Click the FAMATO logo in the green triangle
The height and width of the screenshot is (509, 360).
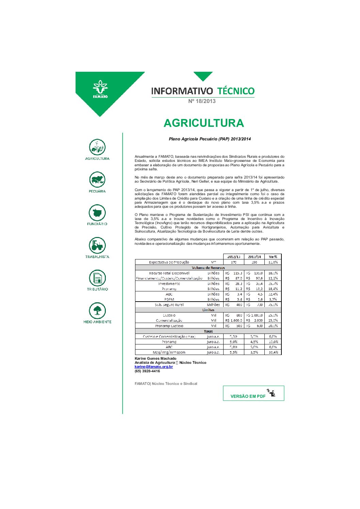pyautogui.click(x=100, y=89)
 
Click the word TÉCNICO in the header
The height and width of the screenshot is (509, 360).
pyautogui.click(x=236, y=91)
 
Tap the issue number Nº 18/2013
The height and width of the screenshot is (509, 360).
pyautogui.click(x=202, y=101)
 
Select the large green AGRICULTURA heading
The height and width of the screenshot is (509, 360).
pyautogui.click(x=203, y=123)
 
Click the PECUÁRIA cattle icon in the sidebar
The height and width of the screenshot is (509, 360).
pyautogui.click(x=97, y=180)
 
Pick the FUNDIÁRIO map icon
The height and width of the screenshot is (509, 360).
pyautogui.click(x=97, y=213)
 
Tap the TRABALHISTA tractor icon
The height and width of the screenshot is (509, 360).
pyautogui.click(x=97, y=245)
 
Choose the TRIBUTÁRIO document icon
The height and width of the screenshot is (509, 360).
pyautogui.click(x=97, y=278)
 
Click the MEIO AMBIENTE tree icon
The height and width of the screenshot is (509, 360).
pyautogui.click(x=97, y=310)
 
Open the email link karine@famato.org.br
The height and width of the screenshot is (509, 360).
pyautogui.click(x=153, y=367)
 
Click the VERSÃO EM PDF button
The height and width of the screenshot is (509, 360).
pyautogui.click(x=253, y=393)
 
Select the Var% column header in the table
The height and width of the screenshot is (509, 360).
pyautogui.click(x=273, y=257)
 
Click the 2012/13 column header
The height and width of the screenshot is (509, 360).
pyautogui.click(x=233, y=257)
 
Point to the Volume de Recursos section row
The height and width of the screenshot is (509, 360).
pyautogui.click(x=208, y=268)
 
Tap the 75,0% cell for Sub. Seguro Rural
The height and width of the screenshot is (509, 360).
pyautogui.click(x=273, y=305)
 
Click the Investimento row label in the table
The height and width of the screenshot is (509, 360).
pyautogui.click(x=169, y=284)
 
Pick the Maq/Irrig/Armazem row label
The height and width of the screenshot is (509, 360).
pyautogui.click(x=169, y=352)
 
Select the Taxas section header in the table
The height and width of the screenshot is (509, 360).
pyautogui.click(x=208, y=331)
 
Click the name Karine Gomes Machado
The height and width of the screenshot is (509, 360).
pyautogui.click(x=156, y=358)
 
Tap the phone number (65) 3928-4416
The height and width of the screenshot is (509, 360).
pyautogui.click(x=147, y=371)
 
